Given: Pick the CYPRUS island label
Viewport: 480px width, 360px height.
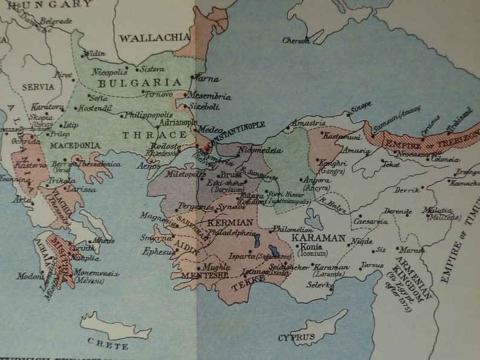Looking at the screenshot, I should click(x=296, y=337).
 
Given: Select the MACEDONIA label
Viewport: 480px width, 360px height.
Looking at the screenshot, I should click(x=74, y=146).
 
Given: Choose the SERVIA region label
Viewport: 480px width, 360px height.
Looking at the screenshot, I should click(x=38, y=87).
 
